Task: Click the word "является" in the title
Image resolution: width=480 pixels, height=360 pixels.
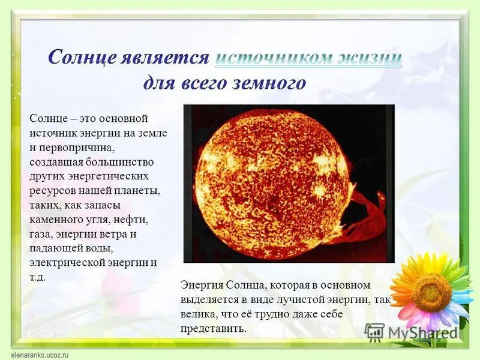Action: (x=164, y=57)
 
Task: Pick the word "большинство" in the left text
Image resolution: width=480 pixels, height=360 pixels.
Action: (x=119, y=161)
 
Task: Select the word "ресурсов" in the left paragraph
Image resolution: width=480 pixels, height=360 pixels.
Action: (x=53, y=191)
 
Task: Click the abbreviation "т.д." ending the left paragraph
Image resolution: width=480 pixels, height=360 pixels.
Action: (x=38, y=277)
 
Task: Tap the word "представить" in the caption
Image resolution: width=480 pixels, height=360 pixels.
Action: (x=214, y=329)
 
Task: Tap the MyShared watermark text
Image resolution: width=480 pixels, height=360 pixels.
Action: (x=423, y=332)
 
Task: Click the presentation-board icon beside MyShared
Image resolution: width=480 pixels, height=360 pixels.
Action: (x=374, y=332)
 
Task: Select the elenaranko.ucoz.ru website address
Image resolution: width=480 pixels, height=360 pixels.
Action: (x=40, y=355)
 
